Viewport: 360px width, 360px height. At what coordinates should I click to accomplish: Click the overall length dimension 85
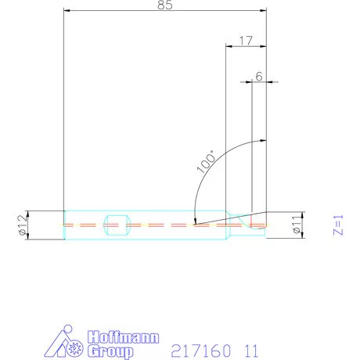[x=165, y=5]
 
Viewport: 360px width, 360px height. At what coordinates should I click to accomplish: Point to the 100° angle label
[x=206, y=161]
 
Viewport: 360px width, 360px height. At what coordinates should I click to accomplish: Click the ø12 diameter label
[x=22, y=225]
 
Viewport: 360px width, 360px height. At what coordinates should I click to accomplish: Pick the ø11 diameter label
[x=297, y=225]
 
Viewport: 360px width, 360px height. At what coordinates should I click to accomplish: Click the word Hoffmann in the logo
[x=124, y=338]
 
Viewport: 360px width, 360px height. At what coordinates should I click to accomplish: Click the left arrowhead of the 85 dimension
[x=67, y=11]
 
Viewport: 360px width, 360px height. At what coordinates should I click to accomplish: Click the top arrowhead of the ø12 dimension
[x=28, y=212]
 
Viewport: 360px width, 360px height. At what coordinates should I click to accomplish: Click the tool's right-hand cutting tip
[x=265, y=225]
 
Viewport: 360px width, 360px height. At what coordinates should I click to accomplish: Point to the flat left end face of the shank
[x=63, y=225]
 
